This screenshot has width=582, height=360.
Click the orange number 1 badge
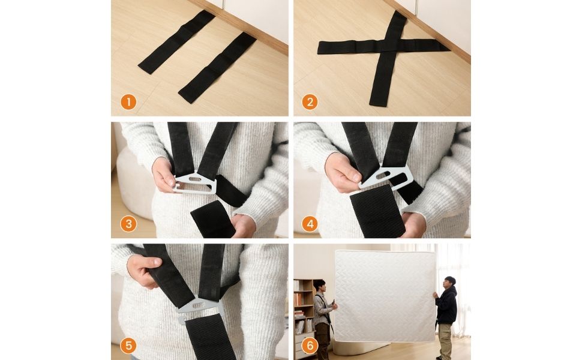(128, 101)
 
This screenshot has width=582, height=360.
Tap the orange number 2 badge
(309, 101)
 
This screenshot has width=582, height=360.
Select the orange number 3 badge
(128, 224)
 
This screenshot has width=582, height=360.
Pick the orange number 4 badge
(309, 224)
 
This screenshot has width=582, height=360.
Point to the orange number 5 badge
(128, 346)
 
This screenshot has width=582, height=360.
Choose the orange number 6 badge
(309, 346)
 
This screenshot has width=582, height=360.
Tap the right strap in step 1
(217, 67)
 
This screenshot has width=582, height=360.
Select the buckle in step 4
(389, 176)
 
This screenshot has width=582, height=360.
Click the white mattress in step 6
(384, 295)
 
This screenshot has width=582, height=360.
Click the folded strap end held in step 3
(213, 218)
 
